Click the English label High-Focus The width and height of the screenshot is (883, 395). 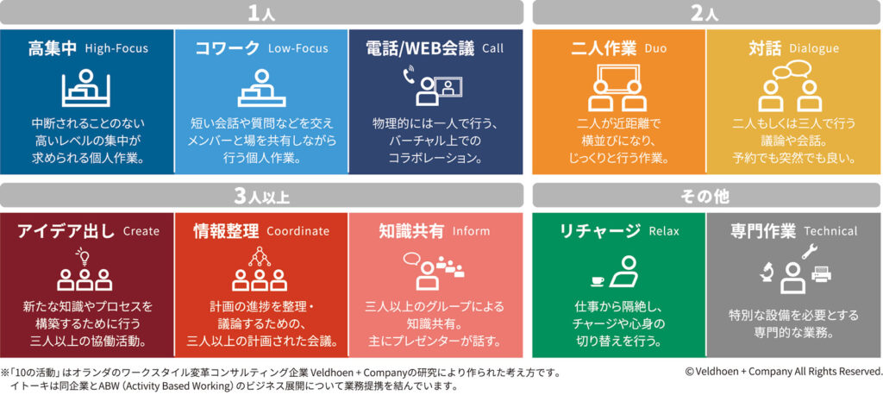pos(116,48)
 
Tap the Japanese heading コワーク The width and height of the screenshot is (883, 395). pos(228,48)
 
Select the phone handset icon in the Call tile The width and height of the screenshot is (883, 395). pos(409,76)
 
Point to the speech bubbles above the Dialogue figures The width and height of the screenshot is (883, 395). pos(792,71)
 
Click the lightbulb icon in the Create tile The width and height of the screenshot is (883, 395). pos(85,257)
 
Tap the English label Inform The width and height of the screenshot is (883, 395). pos(471,231)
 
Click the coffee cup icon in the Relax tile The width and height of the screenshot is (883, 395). pos(598,280)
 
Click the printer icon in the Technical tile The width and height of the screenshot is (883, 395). pos(822,274)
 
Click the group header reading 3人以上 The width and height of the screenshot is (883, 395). pos(261,197)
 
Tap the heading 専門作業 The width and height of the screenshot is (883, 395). pos(762,230)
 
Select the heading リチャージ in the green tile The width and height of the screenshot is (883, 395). pos(599,230)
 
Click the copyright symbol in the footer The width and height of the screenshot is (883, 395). pos(689,372)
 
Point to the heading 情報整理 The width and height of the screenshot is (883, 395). pos(226,230)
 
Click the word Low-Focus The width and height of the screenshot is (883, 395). pos(297,48)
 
